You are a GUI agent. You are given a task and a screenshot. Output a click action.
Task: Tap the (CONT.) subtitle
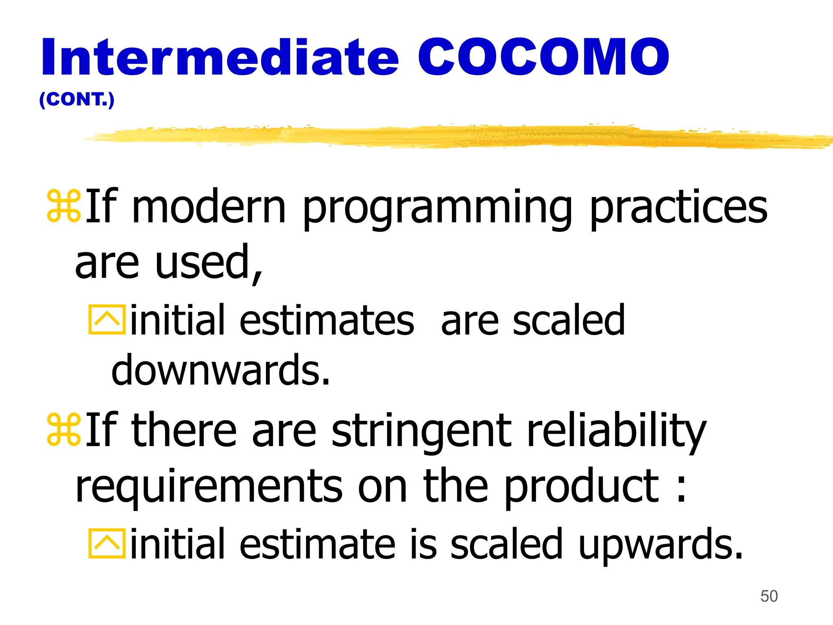(77, 100)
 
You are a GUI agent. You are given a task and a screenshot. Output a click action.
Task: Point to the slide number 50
(769, 596)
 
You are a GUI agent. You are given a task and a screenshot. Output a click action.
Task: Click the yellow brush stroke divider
(447, 136)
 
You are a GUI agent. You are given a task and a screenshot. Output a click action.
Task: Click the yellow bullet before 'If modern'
(64, 206)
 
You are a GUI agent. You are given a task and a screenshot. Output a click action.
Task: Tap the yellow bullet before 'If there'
(64, 429)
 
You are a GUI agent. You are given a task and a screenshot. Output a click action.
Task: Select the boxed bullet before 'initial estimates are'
(107, 320)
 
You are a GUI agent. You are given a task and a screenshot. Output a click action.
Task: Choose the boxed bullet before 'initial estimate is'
(107, 544)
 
